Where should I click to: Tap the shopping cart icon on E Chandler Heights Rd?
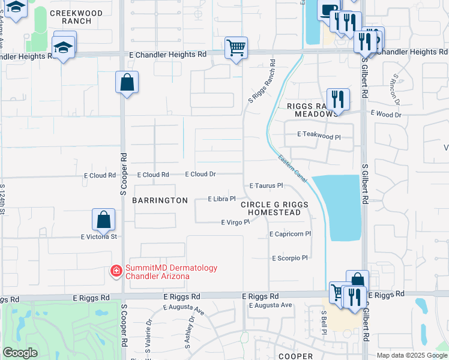pyautogui.click(x=237, y=47)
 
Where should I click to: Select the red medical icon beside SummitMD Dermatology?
pyautogui.click(x=115, y=272)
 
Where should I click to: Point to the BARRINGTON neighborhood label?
pyautogui.click(x=160, y=200)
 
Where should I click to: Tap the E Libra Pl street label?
pyautogui.click(x=221, y=199)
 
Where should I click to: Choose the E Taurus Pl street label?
pyautogui.click(x=266, y=186)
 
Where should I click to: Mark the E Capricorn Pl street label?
pyautogui.click(x=291, y=234)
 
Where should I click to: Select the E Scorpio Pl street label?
pyautogui.click(x=289, y=258)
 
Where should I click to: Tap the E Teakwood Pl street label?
pyautogui.click(x=319, y=137)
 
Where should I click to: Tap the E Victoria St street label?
pyautogui.click(x=99, y=237)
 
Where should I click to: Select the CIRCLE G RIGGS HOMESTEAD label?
pyautogui.click(x=274, y=209)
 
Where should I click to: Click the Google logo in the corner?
pyautogui.click(x=20, y=353)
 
